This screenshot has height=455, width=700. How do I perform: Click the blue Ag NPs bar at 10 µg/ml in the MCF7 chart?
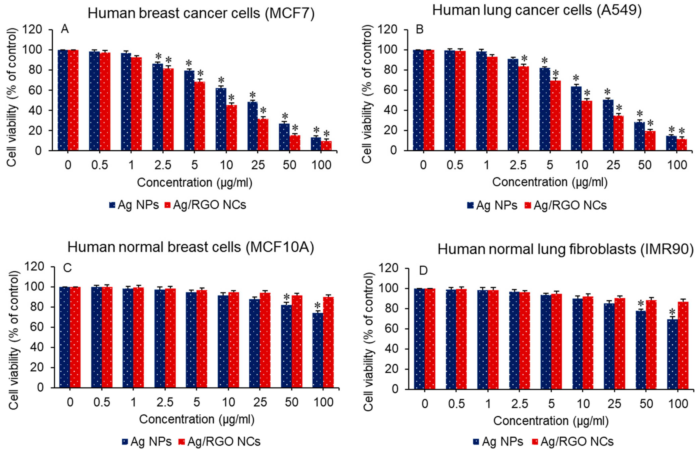[x=221, y=119]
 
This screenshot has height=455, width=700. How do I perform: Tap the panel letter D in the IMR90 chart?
[x=423, y=270]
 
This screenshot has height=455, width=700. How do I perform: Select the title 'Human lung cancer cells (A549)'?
[x=537, y=11]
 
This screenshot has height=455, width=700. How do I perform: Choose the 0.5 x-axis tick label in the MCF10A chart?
[x=102, y=402]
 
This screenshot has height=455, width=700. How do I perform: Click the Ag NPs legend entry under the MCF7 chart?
[x=134, y=205]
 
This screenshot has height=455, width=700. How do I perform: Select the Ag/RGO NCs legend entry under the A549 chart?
[x=565, y=205]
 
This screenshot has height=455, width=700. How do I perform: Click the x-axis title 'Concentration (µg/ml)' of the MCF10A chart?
[x=197, y=419]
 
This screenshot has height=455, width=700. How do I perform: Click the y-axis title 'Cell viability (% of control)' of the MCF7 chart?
[x=12, y=97]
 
